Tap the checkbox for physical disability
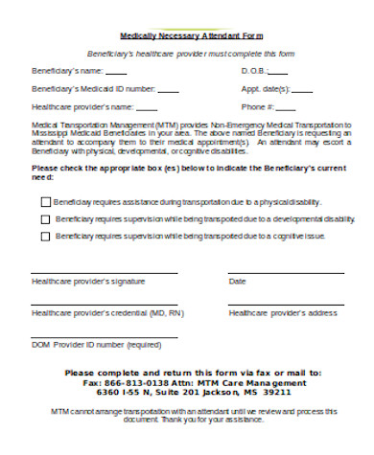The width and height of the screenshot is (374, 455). coord(45,202)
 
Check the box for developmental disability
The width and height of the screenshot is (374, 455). coord(45,218)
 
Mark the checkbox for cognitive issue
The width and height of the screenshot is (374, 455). coord(45,236)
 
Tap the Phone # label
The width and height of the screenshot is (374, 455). coord(258,106)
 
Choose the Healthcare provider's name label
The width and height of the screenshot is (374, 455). coord(82,106)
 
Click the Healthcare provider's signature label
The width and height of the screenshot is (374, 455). coord(88,282)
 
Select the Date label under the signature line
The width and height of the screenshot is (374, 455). coord(237,282)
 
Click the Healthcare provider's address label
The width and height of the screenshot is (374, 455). coord(282,313)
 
